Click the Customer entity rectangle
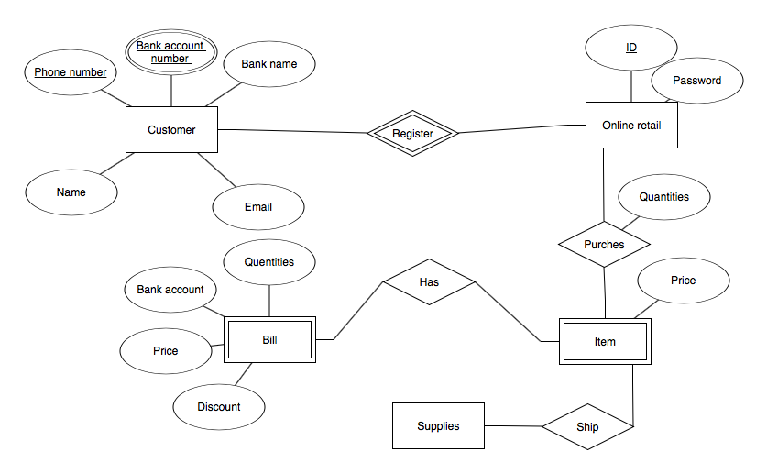(171, 130)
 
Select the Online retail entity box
(631, 125)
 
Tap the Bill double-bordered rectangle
(269, 341)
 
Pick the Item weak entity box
(605, 342)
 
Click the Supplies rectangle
(438, 426)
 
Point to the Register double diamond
(412, 134)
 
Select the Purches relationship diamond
(604, 245)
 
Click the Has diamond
(429, 282)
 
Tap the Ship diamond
(586, 427)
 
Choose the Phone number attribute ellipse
(71, 72)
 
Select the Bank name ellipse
(269, 64)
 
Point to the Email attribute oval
(258, 207)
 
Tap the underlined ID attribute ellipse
(631, 48)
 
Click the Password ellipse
(696, 81)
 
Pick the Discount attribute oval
(219, 407)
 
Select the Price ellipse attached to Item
(683, 280)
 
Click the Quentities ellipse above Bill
(269, 262)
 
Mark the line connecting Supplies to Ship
(512, 426)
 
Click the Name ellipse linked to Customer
(71, 192)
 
